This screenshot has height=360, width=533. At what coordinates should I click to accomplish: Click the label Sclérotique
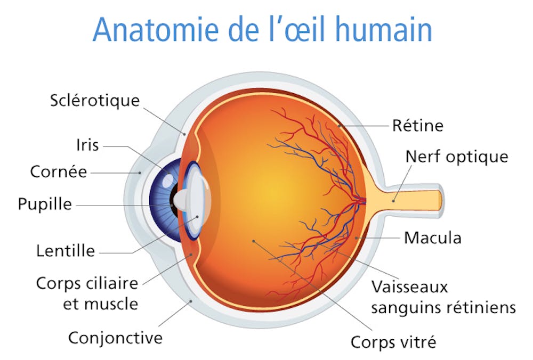click(95, 101)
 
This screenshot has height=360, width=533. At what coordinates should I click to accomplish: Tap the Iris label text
click(87, 145)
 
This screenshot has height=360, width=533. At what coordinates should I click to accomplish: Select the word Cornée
click(59, 171)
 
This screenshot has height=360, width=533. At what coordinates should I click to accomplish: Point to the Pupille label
click(45, 204)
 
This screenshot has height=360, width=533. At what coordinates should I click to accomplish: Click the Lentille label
click(66, 251)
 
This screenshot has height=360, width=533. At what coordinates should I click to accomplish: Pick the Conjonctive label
click(116, 338)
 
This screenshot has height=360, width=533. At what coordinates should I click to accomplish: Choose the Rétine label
click(418, 125)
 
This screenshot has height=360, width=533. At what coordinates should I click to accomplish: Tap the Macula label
click(433, 238)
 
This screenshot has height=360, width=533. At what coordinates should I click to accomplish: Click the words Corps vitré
click(393, 342)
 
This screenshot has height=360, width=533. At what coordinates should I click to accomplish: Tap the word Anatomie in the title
click(155, 29)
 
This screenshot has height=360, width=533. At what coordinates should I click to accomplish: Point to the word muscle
click(101, 304)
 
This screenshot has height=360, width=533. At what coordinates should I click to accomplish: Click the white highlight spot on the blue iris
click(168, 181)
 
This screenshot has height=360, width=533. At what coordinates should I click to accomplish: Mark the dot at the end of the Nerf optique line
click(393, 201)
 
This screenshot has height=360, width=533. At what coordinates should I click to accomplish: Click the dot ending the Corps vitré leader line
click(254, 241)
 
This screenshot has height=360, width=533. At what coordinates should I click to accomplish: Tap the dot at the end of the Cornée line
click(140, 173)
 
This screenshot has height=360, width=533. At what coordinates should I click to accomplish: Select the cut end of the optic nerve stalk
click(440, 200)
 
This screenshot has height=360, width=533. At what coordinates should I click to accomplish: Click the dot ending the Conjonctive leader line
click(191, 301)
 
